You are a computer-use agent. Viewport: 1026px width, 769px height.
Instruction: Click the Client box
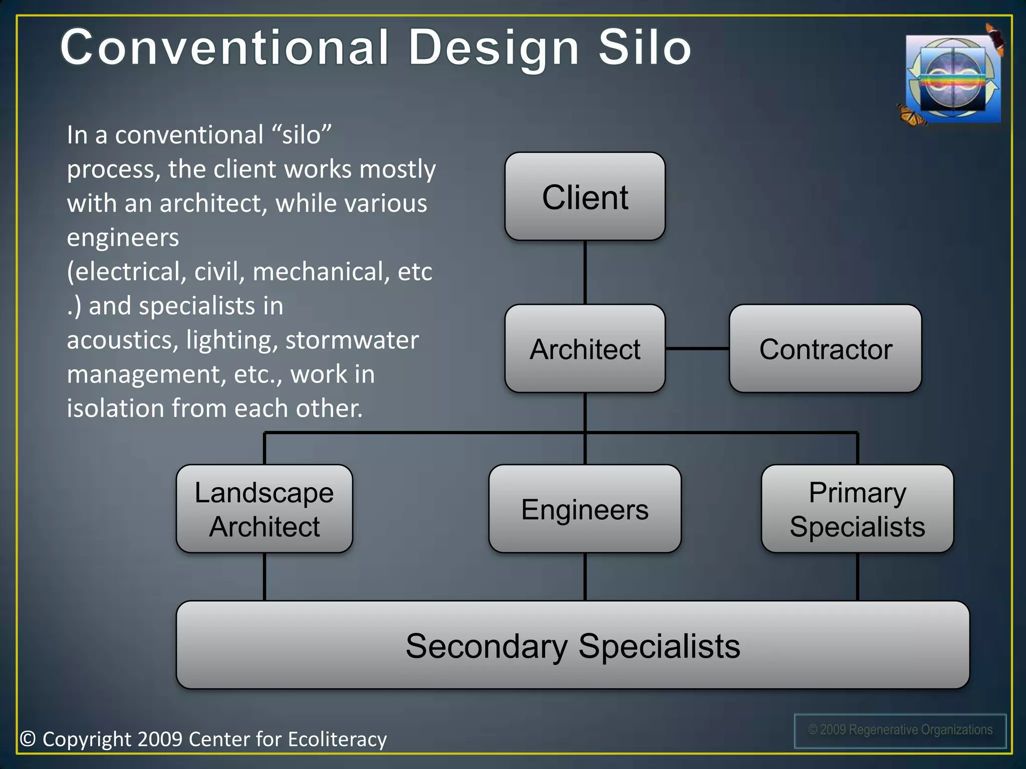[x=585, y=197]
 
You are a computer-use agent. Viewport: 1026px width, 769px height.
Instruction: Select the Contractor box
[x=825, y=349]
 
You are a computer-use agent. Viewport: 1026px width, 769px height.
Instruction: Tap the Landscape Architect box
[x=264, y=509]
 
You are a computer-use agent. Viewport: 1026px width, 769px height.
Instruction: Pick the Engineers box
[x=585, y=509]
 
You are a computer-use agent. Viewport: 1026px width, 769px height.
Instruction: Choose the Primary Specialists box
[x=857, y=509]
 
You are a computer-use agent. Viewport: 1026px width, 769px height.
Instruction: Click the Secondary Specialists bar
[x=573, y=645]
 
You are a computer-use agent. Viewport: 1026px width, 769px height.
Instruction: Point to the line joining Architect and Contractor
[x=697, y=348]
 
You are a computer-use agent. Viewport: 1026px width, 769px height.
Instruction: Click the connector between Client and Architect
[x=585, y=272]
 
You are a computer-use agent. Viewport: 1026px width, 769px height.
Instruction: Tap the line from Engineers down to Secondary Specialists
[x=585, y=577]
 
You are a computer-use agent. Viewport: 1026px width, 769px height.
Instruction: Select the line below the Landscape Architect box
[x=265, y=577]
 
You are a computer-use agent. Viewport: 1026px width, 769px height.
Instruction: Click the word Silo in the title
[x=645, y=48]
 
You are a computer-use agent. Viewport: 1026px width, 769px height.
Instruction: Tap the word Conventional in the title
[x=224, y=48]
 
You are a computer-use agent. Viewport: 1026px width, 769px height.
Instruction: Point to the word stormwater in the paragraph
[x=352, y=340]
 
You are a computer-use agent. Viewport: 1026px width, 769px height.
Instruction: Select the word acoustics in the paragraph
[x=120, y=340]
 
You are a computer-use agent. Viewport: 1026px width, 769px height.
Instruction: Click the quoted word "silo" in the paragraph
[x=302, y=135]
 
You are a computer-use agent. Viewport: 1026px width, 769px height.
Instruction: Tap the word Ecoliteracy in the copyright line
[x=337, y=739]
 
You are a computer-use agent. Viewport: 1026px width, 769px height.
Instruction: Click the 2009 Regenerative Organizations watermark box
[x=900, y=730]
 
